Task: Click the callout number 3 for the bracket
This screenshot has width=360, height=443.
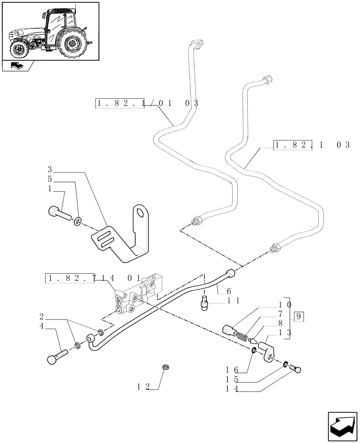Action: pos(50,170)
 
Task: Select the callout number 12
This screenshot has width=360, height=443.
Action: pos(143,387)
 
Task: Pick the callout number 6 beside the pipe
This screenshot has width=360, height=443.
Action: pos(229,291)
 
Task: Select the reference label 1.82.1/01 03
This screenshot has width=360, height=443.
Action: pos(146,104)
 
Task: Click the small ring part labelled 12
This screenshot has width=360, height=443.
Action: pos(166,367)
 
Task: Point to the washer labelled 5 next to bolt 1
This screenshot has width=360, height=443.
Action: pos(78,221)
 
